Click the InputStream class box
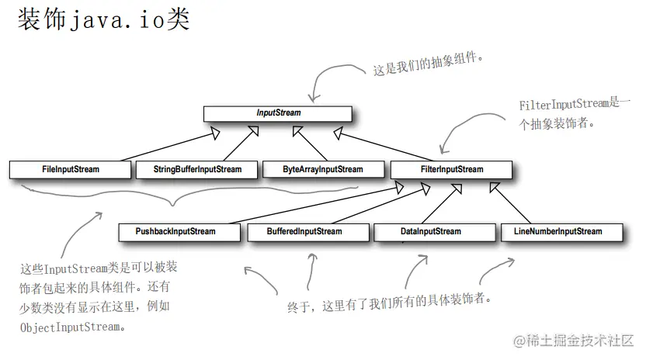[x=277, y=113]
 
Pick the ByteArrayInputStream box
[x=322, y=169]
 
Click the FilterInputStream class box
[x=451, y=169]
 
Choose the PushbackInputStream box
[x=175, y=231]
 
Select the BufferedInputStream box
[x=304, y=231]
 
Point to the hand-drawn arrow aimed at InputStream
[x=330, y=78]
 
